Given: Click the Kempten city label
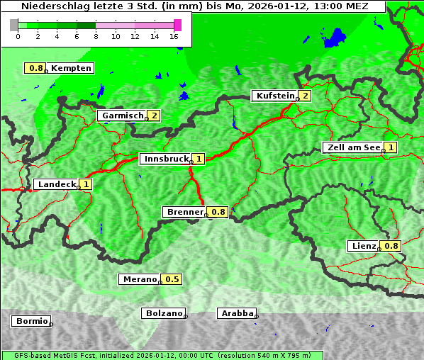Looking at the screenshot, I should click(71, 68).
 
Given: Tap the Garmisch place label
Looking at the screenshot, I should click(121, 116).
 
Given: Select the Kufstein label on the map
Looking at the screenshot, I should click(274, 96).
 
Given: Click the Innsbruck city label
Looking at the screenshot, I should click(165, 159).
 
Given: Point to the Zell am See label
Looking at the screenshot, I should click(352, 147).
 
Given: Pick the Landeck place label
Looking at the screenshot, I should click(56, 184).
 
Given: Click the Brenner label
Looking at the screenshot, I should click(184, 212).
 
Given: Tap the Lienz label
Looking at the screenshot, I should click(362, 246).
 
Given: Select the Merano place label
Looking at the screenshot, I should click(138, 279).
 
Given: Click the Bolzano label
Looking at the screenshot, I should click(163, 313).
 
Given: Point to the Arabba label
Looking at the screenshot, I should click(236, 313).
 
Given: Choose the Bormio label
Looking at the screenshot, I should click(30, 321).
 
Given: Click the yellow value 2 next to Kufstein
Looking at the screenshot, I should click(305, 96).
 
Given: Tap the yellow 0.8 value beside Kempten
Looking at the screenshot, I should click(35, 68).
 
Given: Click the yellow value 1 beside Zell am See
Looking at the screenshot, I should click(391, 147).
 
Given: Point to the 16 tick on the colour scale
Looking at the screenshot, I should click(174, 36).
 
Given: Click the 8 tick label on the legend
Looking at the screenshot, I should click(96, 36).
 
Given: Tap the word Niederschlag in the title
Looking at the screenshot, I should click(51, 6).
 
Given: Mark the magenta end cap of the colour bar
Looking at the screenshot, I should click(177, 25).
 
